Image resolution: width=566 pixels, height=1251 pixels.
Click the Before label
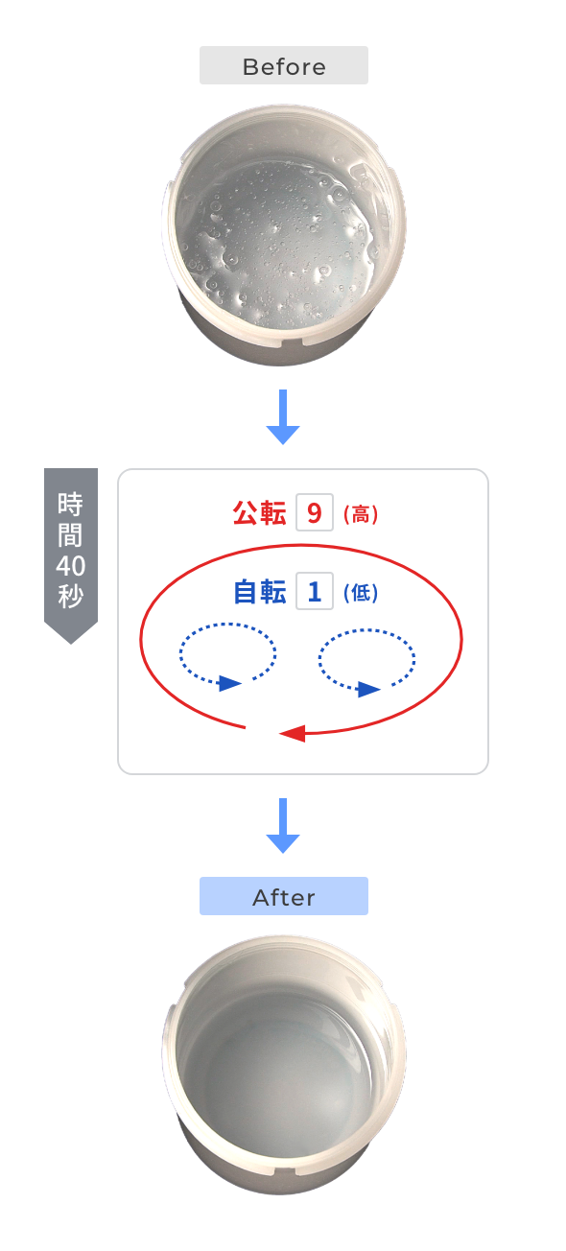(x=284, y=66)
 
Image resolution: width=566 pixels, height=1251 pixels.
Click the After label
(x=284, y=896)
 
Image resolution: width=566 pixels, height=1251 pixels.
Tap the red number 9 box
(x=315, y=512)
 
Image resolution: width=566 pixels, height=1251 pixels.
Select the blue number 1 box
(x=315, y=591)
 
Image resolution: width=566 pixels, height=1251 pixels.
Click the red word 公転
(x=259, y=512)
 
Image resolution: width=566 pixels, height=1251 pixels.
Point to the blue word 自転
(x=259, y=591)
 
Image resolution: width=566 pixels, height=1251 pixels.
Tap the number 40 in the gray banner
(x=70, y=566)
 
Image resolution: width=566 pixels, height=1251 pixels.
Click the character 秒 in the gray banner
(x=70, y=596)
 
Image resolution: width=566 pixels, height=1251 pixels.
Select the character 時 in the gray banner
(x=70, y=504)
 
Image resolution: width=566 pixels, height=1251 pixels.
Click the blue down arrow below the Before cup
(x=283, y=416)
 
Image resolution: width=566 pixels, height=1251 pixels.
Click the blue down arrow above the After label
(x=283, y=825)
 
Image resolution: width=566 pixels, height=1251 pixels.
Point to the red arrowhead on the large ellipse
(x=292, y=733)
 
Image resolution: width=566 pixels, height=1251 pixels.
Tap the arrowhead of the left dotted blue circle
(x=229, y=683)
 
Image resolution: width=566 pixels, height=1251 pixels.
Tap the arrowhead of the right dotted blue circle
(x=368, y=689)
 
